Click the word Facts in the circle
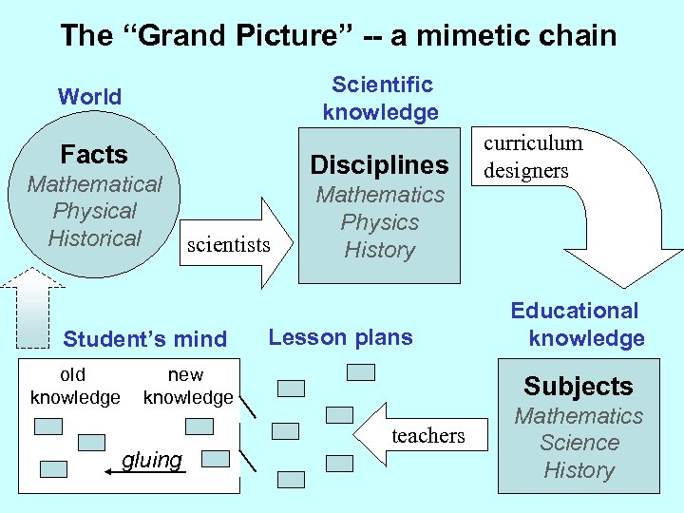click(94, 154)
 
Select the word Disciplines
click(380, 164)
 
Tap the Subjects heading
click(578, 386)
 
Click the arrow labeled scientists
click(233, 243)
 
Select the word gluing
click(152, 461)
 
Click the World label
click(89, 96)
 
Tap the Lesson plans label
click(341, 337)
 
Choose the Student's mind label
click(144, 339)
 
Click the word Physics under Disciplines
click(380, 222)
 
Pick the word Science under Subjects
click(579, 443)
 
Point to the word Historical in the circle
click(95, 238)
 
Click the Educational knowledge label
click(576, 324)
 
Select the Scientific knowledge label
click(381, 98)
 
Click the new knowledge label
click(187, 386)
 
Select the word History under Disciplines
click(380, 250)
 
